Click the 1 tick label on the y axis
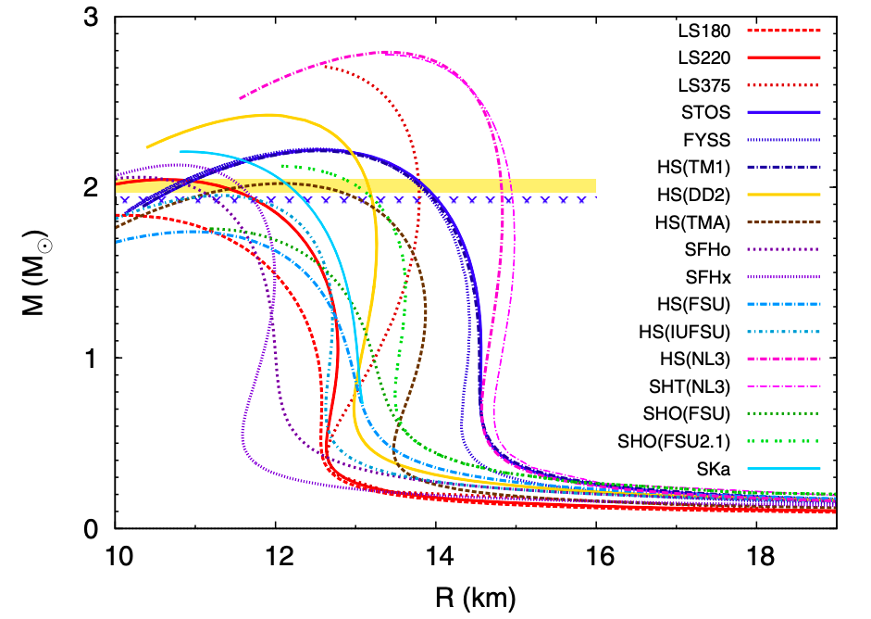click(x=93, y=359)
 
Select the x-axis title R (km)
click(x=476, y=593)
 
